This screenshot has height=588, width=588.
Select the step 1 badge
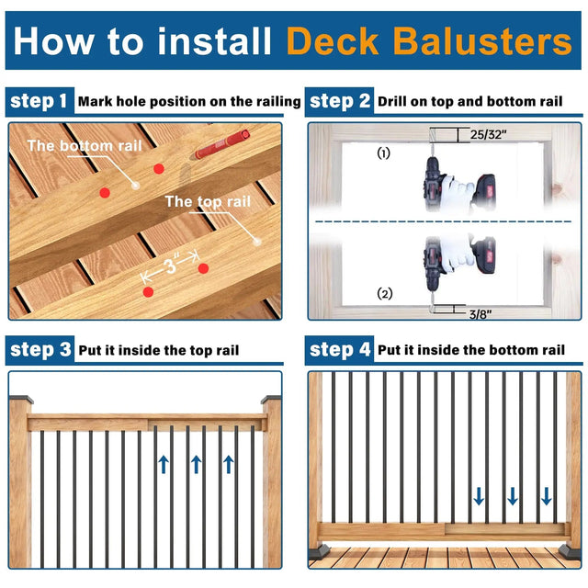(39, 101)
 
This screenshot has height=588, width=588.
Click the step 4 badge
(340, 349)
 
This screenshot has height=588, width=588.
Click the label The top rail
(207, 201)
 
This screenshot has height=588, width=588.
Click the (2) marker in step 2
(385, 294)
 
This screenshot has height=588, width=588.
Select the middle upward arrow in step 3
(197, 463)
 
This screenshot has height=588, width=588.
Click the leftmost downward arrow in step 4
(479, 497)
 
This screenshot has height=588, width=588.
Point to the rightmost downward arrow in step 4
(547, 497)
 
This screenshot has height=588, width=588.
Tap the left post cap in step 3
(18, 401)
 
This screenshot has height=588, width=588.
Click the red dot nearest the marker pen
(159, 169)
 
